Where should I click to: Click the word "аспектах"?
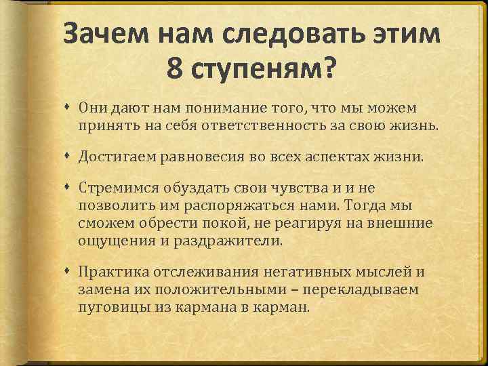330,158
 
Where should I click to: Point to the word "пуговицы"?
110,308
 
